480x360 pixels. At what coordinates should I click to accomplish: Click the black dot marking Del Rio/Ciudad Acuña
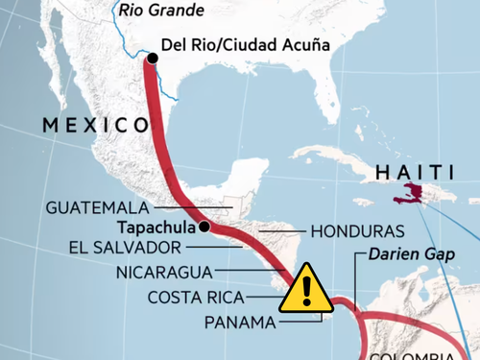[152, 59]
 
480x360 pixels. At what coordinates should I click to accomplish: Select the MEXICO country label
[94, 125]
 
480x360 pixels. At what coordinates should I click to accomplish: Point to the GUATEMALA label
[97, 206]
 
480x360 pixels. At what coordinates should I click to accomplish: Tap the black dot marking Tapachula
[204, 228]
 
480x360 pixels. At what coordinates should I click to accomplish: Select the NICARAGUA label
[162, 272]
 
